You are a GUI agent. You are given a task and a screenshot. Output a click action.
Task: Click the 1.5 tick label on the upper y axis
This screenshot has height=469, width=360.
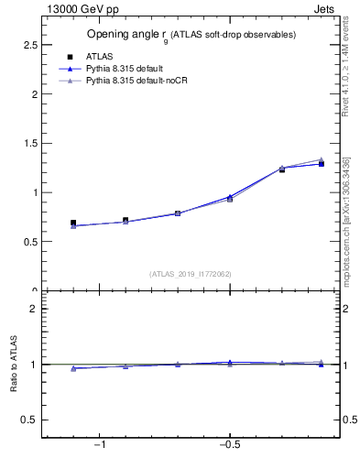[x=28, y=143]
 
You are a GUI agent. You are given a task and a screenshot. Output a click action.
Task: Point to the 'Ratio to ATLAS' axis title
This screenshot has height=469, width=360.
[x=14, y=365]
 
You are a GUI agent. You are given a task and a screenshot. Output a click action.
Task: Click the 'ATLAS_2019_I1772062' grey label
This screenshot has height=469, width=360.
[x=191, y=273]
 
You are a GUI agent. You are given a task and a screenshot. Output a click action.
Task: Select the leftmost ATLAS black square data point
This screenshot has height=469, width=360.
[x=73, y=223]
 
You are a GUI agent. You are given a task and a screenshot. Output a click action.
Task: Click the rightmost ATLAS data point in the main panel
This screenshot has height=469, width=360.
[x=321, y=164]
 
